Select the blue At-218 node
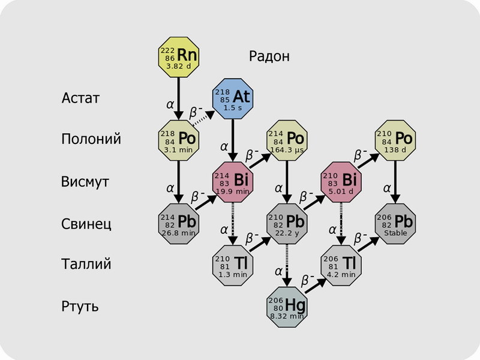233,96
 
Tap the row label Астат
80,97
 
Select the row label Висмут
85,181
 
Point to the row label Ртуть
80,307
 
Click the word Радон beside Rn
269,56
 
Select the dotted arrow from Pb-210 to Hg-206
287,264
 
